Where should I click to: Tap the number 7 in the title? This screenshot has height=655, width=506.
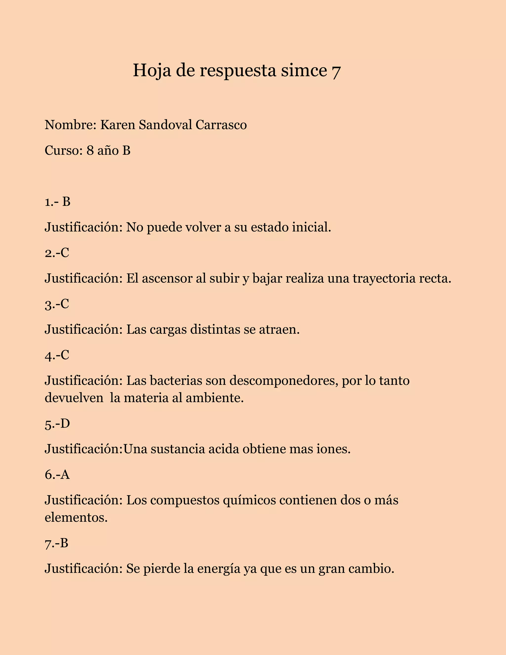[336, 72]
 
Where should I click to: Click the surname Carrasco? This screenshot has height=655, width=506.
[221, 125]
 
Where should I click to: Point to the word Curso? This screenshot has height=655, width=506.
[62, 151]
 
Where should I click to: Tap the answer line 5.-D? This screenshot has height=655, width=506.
[57, 424]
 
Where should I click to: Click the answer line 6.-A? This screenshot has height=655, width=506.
[57, 475]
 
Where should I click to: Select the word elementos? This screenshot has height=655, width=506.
[76, 517]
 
